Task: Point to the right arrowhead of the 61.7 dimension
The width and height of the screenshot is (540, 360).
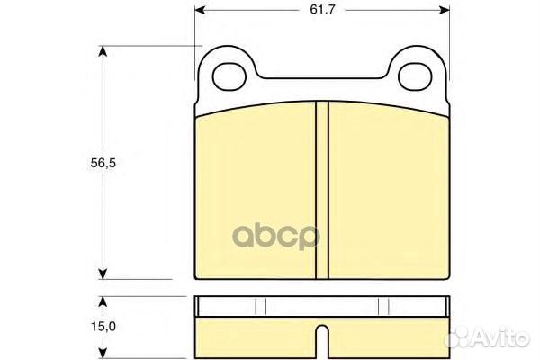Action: [x=444, y=11]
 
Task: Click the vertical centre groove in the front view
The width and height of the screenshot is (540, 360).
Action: [x=322, y=189]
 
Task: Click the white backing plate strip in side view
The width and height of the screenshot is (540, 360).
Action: [x=322, y=305]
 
